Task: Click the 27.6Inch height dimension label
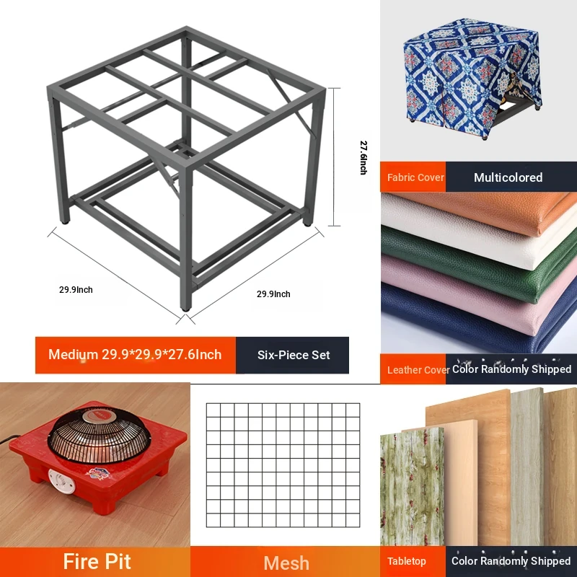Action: tap(364, 157)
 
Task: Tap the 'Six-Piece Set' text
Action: tap(294, 355)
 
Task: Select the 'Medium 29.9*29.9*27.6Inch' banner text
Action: tap(135, 354)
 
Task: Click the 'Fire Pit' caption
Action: tap(97, 562)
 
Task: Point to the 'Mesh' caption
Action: tap(286, 563)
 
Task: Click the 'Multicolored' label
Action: tap(508, 177)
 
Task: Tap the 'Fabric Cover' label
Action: tap(415, 177)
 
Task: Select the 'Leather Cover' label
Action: tap(418, 370)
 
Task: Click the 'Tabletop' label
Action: tap(406, 561)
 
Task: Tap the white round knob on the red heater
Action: tap(61, 481)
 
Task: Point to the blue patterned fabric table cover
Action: tap(472, 77)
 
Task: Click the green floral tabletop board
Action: tap(412, 488)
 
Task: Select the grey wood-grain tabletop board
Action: tap(527, 467)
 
